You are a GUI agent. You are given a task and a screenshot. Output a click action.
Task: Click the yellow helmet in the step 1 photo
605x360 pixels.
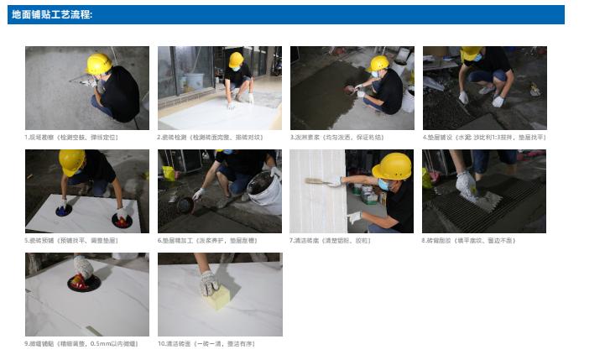(x=99, y=63)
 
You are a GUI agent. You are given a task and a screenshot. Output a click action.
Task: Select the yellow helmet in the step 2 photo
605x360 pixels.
(x=236, y=59)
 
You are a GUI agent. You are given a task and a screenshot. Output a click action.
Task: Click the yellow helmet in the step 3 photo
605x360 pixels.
(x=380, y=62)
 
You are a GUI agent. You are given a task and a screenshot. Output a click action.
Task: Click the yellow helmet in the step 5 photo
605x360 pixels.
(x=71, y=159)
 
